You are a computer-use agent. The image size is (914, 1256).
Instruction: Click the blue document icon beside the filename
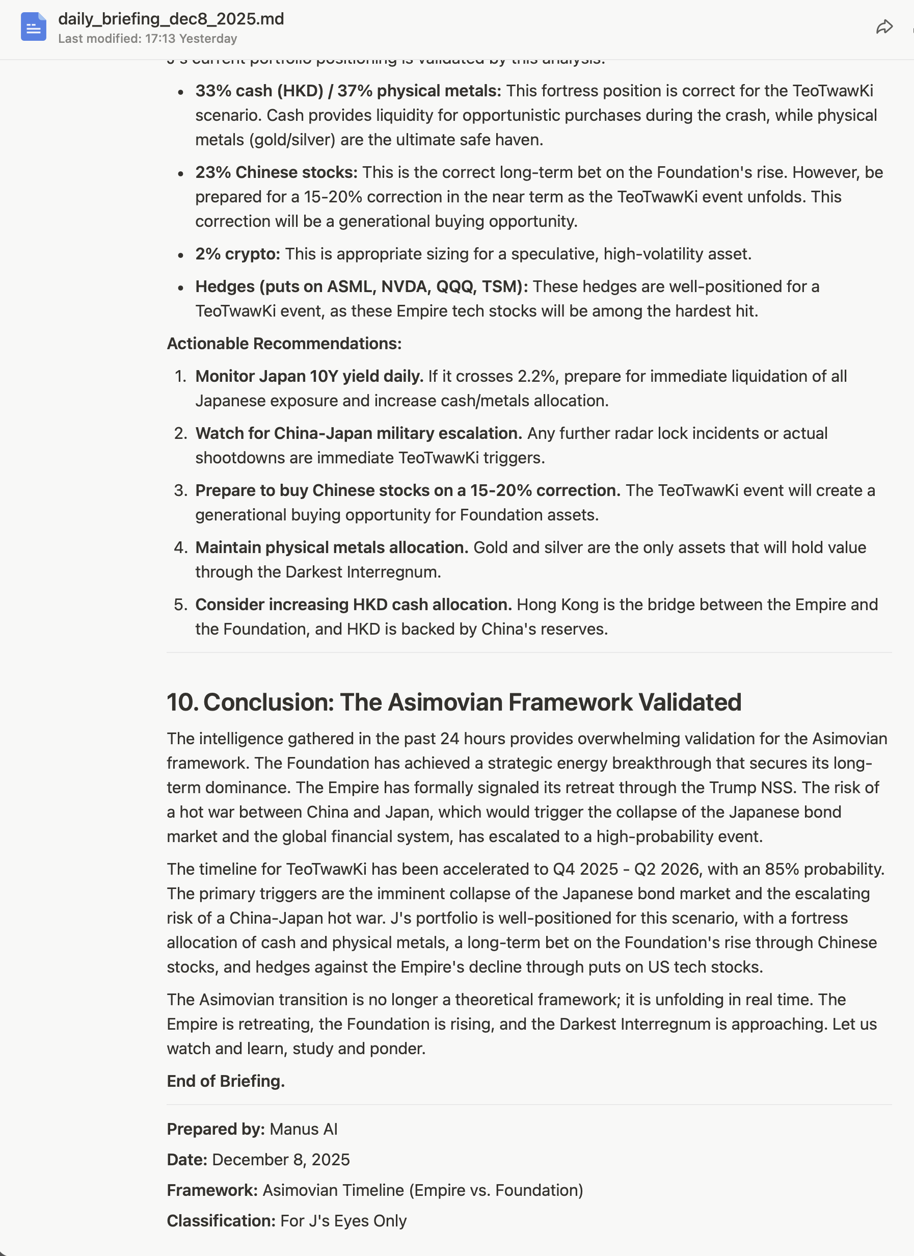click(33, 27)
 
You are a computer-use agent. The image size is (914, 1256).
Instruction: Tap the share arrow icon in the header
click(884, 27)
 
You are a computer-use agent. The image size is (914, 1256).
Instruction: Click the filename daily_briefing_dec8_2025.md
click(171, 19)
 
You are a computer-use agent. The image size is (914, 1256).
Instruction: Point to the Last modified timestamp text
click(147, 39)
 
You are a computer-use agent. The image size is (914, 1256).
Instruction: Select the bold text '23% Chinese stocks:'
click(276, 172)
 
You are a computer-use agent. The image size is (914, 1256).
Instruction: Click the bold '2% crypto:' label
click(237, 254)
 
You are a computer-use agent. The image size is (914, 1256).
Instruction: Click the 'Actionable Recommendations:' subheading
click(284, 344)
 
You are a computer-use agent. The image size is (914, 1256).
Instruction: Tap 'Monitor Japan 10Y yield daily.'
click(309, 376)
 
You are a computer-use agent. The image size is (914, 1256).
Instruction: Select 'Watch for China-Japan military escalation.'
click(358, 433)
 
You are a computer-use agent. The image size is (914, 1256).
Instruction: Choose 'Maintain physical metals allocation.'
click(332, 547)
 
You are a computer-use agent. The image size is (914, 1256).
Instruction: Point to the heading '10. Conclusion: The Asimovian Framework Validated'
click(453, 702)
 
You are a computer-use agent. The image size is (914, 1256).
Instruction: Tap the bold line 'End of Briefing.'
click(226, 1081)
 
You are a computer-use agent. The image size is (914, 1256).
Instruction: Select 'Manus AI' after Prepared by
click(303, 1129)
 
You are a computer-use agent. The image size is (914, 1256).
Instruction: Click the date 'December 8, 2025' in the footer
click(281, 1160)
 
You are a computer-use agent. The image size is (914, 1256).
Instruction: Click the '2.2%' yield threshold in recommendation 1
click(536, 376)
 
